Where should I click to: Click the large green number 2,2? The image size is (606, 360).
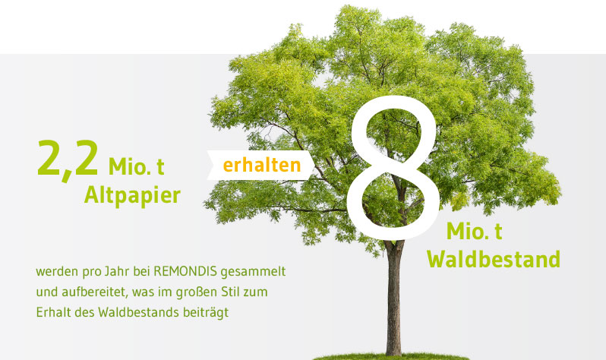[68, 159]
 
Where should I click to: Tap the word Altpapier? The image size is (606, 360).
[132, 196]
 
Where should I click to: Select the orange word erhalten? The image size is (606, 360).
[262, 165]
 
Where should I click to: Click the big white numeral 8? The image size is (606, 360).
[393, 167]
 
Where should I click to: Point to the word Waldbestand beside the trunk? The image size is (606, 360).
[494, 259]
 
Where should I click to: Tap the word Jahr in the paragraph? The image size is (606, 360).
[116, 271]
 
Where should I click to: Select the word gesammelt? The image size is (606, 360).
[253, 272]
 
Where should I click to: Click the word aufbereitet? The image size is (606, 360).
[94, 292]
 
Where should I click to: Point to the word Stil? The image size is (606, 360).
[231, 292]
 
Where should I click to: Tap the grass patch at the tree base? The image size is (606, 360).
[390, 356]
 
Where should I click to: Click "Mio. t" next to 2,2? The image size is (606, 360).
[137, 166]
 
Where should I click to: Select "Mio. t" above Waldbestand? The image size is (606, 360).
[474, 231]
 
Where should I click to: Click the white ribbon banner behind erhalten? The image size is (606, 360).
[260, 165]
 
